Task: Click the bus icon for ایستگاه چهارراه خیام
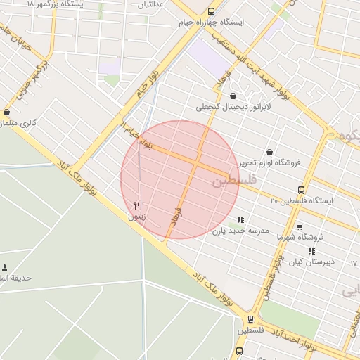(211, 11)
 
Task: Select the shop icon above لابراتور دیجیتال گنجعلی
(233, 96)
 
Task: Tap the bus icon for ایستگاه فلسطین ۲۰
(302, 190)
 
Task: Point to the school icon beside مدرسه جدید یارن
(241, 219)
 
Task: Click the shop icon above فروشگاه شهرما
(300, 227)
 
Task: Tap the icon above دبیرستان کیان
(311, 251)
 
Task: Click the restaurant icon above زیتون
(136, 206)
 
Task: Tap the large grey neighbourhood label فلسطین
(233, 181)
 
